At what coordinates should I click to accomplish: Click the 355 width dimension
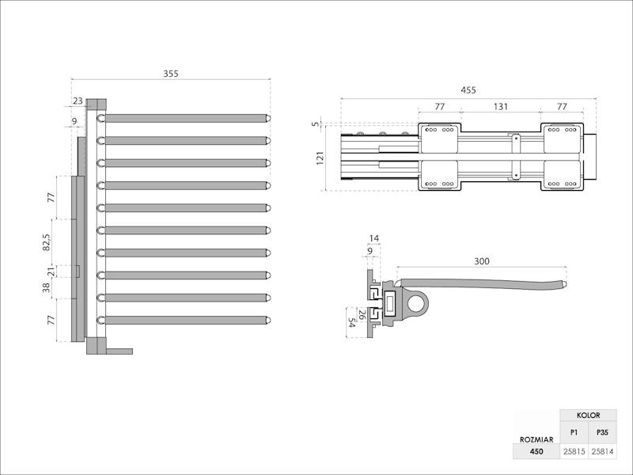pyautogui.click(x=171, y=74)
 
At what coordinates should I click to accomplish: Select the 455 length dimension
pyautogui.click(x=468, y=90)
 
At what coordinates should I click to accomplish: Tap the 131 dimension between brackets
pyautogui.click(x=501, y=106)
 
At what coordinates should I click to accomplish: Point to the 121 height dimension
pyautogui.click(x=320, y=158)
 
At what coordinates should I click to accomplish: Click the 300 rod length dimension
pyautogui.click(x=481, y=260)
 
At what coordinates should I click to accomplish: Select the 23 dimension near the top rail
pyautogui.click(x=78, y=101)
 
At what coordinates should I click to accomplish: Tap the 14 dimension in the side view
pyautogui.click(x=374, y=237)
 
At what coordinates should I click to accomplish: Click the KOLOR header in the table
pyautogui.click(x=588, y=416)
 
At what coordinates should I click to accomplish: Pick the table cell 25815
pyautogui.click(x=574, y=452)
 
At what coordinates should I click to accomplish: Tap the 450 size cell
pyautogui.click(x=536, y=452)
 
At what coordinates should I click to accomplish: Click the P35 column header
pyautogui.click(x=602, y=433)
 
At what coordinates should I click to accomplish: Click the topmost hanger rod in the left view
pyautogui.click(x=186, y=118)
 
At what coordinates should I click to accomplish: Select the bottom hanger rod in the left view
pyautogui.click(x=186, y=320)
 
